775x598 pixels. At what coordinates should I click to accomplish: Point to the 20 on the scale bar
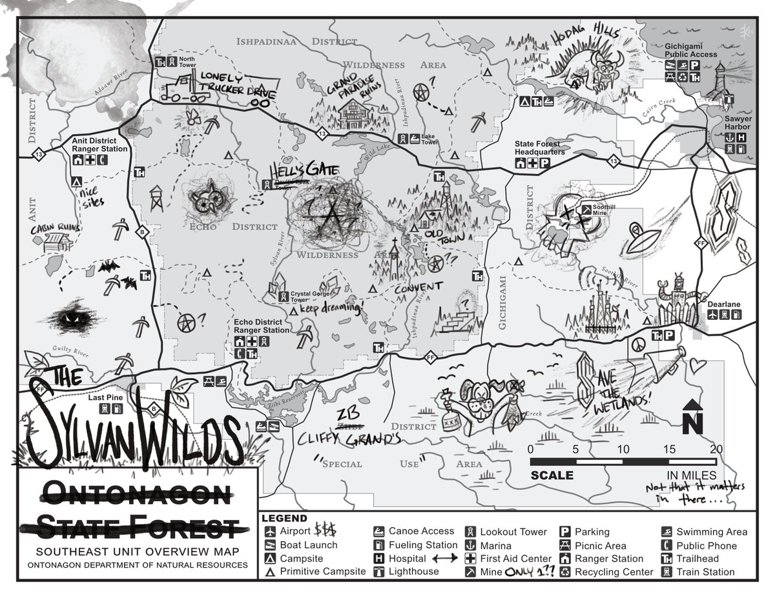click(716, 449)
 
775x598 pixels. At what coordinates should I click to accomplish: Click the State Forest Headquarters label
click(540, 148)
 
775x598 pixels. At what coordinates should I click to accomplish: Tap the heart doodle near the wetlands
click(698, 366)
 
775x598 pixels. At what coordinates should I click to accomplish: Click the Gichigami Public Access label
click(691, 51)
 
